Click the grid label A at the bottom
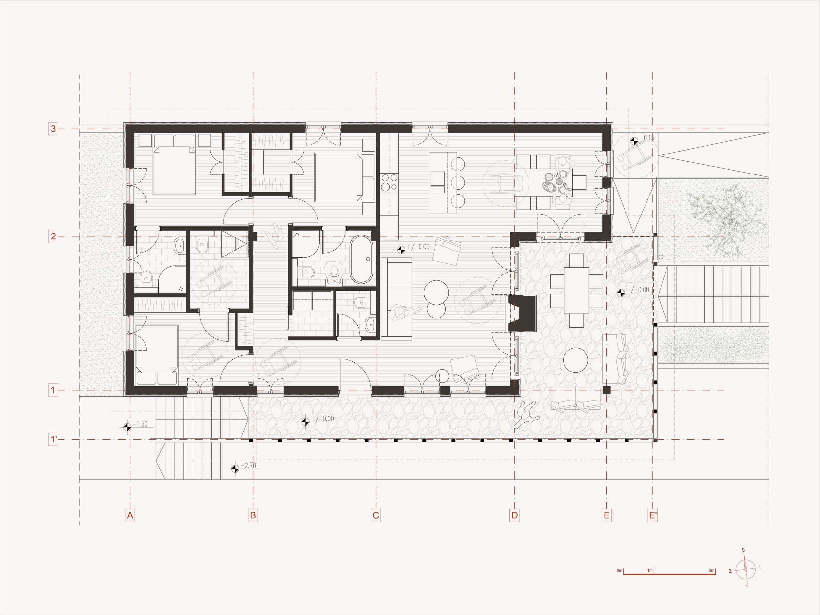point(130,515)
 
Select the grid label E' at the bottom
point(653,515)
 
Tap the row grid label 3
point(53,129)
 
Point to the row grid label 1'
point(53,440)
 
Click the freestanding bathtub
point(361,259)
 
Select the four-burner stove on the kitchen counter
point(389,182)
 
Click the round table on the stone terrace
point(576,360)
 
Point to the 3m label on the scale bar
point(712,570)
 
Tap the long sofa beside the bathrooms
point(397,299)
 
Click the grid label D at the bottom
point(515,515)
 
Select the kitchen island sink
point(438,178)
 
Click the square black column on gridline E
point(606,390)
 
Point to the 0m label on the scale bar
point(620,570)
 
